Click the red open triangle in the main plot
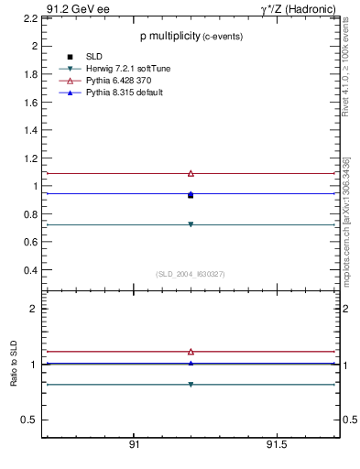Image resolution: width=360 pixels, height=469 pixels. pyautogui.click(x=191, y=173)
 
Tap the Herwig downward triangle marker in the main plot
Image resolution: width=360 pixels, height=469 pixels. pyautogui.click(x=191, y=224)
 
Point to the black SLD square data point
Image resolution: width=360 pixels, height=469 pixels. pyautogui.click(x=191, y=195)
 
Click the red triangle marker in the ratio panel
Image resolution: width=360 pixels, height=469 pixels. pyautogui.click(x=191, y=351)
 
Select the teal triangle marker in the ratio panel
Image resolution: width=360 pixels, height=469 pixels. pyautogui.click(x=191, y=384)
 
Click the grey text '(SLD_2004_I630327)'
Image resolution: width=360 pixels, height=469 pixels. pyautogui.click(x=190, y=274)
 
